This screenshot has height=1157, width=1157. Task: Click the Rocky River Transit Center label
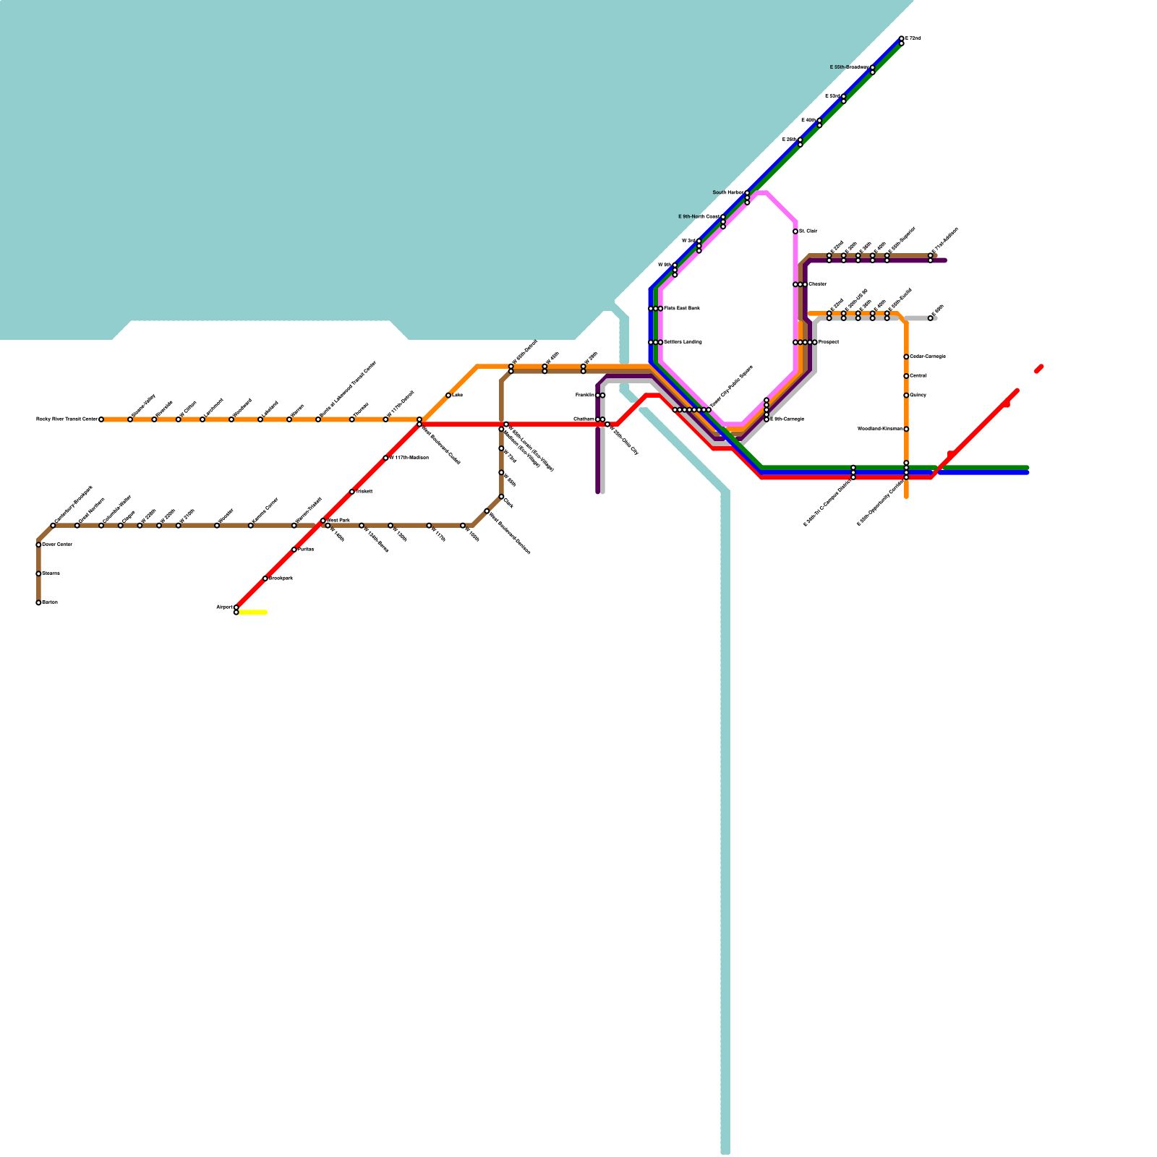coord(67,419)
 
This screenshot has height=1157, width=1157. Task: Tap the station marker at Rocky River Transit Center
coord(101,419)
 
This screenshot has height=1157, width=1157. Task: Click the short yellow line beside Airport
coord(252,612)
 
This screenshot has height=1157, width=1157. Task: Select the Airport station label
coord(224,607)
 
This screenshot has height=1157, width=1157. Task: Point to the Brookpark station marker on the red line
coord(265,578)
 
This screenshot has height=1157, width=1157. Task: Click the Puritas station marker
coord(294,550)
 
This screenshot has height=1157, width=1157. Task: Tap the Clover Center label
coord(57,545)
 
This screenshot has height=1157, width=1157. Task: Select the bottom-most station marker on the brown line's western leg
coord(38,602)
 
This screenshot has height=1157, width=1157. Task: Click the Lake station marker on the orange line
coord(448,396)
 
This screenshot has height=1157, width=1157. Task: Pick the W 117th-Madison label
coord(409,458)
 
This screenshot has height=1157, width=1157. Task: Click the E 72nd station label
coord(913,38)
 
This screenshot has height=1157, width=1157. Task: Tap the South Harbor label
coord(727,193)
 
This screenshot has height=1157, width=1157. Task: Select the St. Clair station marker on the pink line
coord(795,231)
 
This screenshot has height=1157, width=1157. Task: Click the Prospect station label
coord(829,342)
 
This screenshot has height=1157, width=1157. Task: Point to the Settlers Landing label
coord(682,342)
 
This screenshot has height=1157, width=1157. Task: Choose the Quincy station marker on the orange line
coord(906,396)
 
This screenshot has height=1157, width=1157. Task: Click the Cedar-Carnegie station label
coord(928,357)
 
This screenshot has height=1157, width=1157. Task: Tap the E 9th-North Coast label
coord(699,217)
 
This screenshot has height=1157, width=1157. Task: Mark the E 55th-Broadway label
coord(849,67)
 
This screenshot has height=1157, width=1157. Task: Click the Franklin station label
coord(585,396)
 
